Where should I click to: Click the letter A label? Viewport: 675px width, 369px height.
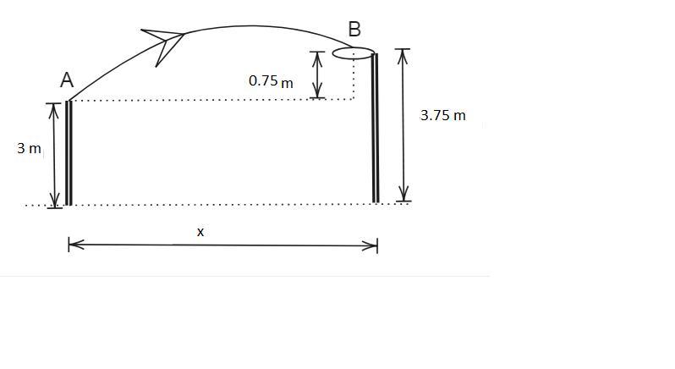click(x=67, y=80)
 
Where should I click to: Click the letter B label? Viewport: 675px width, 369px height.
click(x=354, y=30)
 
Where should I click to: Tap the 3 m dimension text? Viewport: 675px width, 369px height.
click(x=29, y=149)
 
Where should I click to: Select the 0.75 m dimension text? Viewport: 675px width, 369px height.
click(x=271, y=81)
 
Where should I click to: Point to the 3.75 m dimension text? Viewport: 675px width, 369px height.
click(x=442, y=115)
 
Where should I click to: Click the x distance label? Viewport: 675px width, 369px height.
click(x=200, y=232)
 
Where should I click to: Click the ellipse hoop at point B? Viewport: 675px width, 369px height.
click(x=353, y=53)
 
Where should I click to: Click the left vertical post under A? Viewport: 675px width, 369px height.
click(x=69, y=153)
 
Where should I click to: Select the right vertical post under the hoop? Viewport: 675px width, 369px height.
click(x=376, y=128)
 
